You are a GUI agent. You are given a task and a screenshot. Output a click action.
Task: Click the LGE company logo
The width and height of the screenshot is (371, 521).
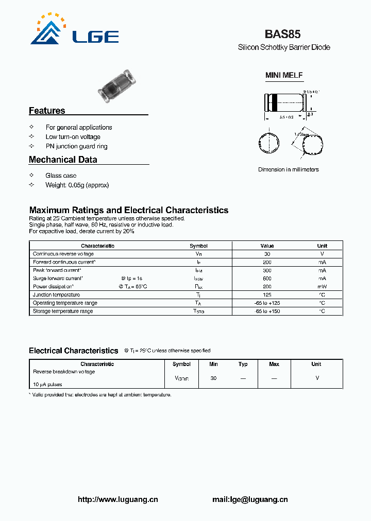click(x=75, y=30)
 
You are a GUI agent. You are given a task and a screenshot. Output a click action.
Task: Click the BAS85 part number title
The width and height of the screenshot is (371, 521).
click(x=282, y=34)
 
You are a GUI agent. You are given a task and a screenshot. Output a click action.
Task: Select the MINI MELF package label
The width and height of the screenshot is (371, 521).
click(x=284, y=75)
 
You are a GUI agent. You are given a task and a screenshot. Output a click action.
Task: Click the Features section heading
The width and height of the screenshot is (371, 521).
click(x=47, y=111)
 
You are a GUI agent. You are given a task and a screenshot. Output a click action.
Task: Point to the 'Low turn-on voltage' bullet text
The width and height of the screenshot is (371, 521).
click(x=73, y=137)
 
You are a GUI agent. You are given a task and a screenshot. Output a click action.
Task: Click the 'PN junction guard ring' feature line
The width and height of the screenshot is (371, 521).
click(x=76, y=146)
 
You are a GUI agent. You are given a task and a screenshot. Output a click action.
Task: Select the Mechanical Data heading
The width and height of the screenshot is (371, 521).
click(x=63, y=160)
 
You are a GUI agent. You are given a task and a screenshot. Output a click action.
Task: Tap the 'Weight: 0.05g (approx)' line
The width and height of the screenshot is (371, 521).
click(x=77, y=185)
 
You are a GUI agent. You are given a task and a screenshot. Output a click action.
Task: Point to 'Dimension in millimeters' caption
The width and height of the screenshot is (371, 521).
click(x=289, y=169)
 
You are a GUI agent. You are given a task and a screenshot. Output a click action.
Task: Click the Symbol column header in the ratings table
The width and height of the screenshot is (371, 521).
click(x=198, y=246)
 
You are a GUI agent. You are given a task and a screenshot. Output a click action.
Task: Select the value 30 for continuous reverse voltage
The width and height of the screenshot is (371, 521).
click(x=267, y=254)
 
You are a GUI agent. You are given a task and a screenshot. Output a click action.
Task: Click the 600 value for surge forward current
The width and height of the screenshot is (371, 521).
click(x=267, y=279)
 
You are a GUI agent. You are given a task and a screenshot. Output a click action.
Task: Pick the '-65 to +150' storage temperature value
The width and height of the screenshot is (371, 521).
click(x=267, y=311)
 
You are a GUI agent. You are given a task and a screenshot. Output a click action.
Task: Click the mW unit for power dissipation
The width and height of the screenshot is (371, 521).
click(x=322, y=287)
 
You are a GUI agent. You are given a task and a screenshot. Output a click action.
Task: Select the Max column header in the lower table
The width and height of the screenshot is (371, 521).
click(x=274, y=364)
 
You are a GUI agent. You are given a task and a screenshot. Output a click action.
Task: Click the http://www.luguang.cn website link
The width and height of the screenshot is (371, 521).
click(x=117, y=499)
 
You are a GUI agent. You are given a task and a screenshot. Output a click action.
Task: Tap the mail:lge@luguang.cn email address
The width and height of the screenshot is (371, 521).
click(x=250, y=499)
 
